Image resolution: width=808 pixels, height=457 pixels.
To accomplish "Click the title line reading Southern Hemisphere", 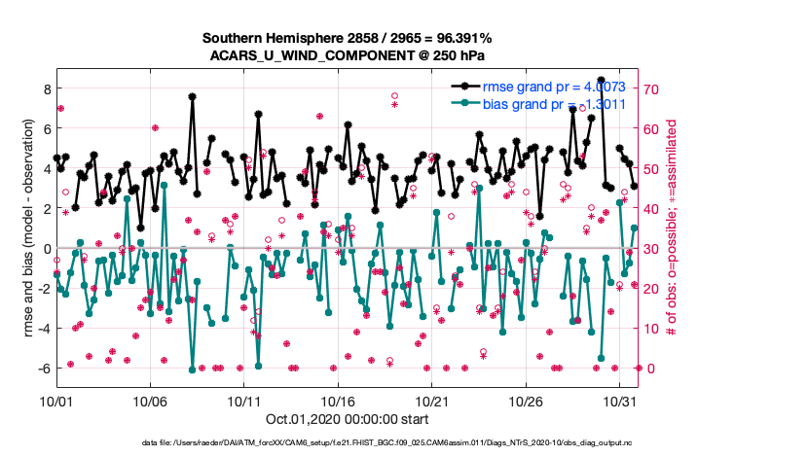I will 348,38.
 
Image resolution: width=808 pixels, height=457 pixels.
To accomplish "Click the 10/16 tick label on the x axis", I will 338,401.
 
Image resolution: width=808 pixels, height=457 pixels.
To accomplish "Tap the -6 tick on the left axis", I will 44,369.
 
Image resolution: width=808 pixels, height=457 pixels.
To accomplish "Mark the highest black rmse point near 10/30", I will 602,80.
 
